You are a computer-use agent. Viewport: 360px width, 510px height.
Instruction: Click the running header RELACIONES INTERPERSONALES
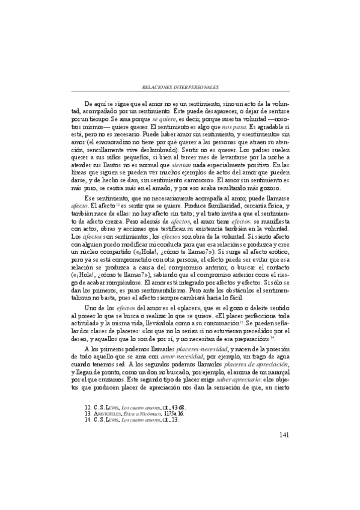pyautogui.click(x=180, y=87)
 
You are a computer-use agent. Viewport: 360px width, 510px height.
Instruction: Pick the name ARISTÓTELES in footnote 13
pyautogui.click(x=111, y=414)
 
